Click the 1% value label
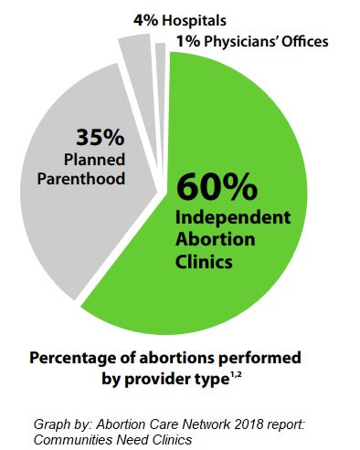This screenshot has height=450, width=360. pos(167,41)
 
